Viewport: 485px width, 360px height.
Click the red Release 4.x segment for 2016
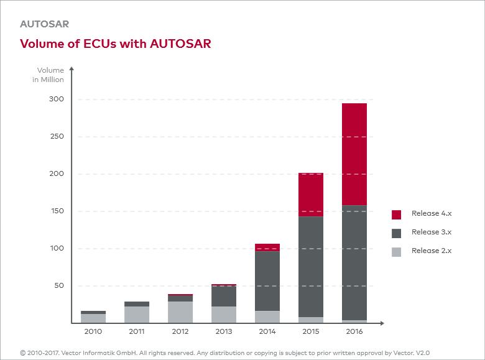[354, 154]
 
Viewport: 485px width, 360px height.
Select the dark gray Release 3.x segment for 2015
[310, 267]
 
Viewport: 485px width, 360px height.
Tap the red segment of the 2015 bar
[310, 195]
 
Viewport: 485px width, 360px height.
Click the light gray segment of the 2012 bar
[180, 312]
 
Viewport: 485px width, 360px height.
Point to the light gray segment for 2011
[137, 315]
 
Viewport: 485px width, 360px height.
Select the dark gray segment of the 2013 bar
[224, 296]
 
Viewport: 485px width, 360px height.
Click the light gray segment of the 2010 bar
[93, 318]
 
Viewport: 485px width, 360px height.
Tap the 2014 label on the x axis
[267, 332]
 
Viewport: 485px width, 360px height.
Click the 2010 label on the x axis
[93, 332]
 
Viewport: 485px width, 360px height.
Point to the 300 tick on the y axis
[57, 99]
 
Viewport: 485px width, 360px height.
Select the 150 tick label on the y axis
[57, 211]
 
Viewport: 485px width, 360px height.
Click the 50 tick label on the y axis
[58, 286]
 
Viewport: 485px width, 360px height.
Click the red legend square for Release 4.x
[396, 215]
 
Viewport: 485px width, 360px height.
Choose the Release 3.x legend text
[431, 232]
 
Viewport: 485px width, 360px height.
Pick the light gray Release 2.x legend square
[396, 251]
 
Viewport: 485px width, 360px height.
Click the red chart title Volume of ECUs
[116, 44]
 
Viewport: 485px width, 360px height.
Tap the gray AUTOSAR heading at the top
[44, 24]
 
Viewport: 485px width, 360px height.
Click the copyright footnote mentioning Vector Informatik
[224, 353]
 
